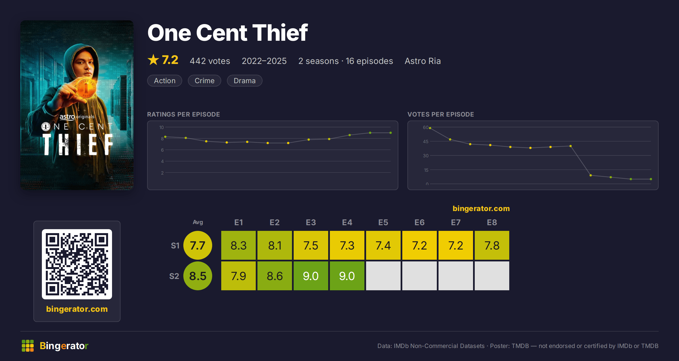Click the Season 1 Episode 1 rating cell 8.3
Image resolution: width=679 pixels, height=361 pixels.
(238, 245)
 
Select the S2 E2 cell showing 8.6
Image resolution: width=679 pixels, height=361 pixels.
(275, 276)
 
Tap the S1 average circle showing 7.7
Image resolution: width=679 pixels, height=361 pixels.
(198, 245)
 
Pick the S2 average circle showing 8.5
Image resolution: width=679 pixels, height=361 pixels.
(198, 276)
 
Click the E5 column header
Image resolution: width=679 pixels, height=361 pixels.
(383, 222)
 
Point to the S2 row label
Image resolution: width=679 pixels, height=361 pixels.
(174, 276)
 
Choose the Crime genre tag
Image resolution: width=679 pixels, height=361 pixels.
(205, 81)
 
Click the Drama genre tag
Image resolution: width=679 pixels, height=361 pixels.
(245, 81)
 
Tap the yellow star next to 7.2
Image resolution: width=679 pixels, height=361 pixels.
(153, 60)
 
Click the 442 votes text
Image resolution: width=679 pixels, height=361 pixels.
(210, 61)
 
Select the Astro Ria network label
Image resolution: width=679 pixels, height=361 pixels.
(423, 61)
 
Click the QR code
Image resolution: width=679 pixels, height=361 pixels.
(77, 264)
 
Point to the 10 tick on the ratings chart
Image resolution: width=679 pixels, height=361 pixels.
(162, 127)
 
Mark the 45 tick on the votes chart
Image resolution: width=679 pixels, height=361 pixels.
(426, 141)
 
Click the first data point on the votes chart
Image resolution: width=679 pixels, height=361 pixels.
(430, 128)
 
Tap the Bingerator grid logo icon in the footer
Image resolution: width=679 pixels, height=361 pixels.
(28, 346)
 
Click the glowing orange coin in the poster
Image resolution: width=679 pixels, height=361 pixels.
(86, 88)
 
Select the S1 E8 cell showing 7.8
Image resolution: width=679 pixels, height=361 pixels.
(492, 245)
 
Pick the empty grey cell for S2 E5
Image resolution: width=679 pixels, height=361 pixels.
(383, 276)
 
